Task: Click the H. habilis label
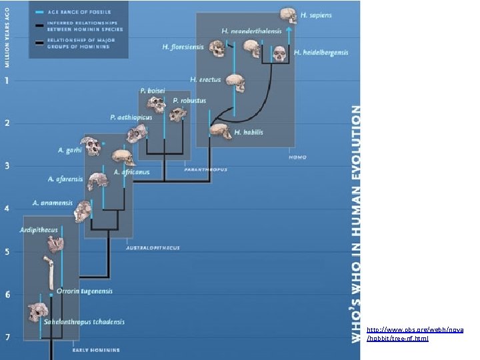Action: pos(249,133)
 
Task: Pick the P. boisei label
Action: pos(152,91)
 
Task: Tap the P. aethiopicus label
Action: pos(131,117)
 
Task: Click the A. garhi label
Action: pos(69,151)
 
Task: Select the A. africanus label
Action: pos(131,172)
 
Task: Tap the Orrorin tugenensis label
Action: pos(84,291)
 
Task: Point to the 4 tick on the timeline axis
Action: pos(7,209)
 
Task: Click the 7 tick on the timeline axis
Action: pos(7,337)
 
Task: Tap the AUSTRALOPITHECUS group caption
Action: pos(153,248)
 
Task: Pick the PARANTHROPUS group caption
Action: pos(205,170)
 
